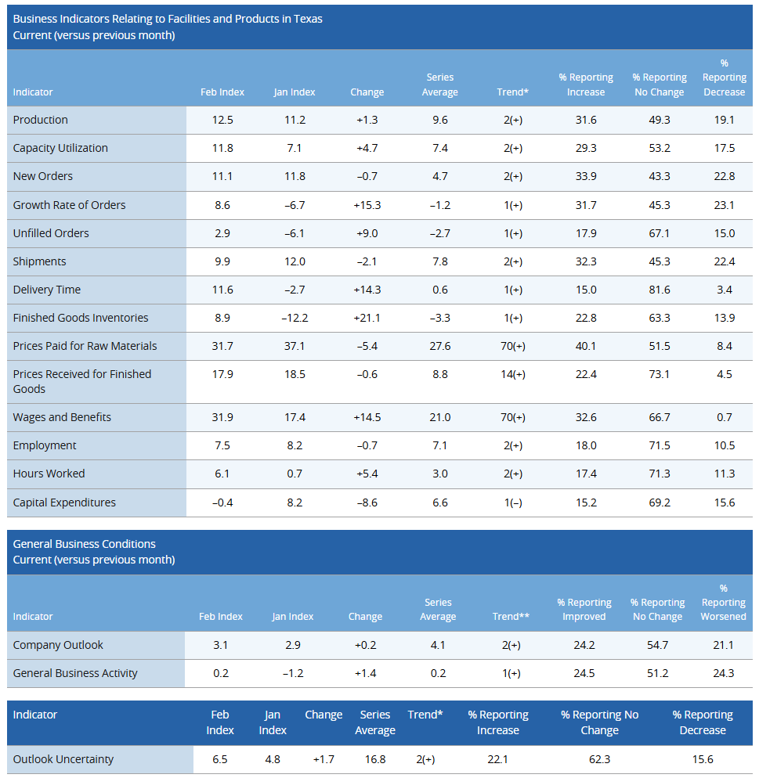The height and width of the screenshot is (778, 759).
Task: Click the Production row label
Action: click(41, 120)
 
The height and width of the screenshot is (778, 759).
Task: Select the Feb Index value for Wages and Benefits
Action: click(222, 417)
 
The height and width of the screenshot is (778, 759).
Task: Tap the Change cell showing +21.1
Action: click(367, 318)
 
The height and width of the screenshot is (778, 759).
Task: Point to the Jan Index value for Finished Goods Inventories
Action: click(295, 318)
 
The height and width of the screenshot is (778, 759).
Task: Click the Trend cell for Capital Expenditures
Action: click(512, 502)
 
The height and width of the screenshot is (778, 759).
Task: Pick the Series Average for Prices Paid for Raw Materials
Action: click(440, 346)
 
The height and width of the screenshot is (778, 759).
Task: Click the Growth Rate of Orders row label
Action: click(69, 205)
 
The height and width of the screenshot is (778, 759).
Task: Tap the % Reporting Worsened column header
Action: click(723, 603)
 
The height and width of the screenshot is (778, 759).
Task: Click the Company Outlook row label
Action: click(58, 645)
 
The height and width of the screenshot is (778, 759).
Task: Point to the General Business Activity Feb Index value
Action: click(221, 673)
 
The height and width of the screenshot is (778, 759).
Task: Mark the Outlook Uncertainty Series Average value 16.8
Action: click(375, 759)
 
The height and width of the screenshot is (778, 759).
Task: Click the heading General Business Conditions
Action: click(85, 544)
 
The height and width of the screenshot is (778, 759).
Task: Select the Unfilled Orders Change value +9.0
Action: click(367, 233)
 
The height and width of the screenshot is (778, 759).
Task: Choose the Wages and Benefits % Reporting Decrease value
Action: click(725, 417)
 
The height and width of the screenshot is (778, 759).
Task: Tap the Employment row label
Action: click(45, 445)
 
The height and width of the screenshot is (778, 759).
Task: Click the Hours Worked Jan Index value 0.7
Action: click(295, 474)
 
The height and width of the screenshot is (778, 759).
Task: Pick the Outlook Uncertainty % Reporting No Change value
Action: click(599, 759)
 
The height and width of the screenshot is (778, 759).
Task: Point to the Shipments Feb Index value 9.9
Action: click(222, 261)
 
